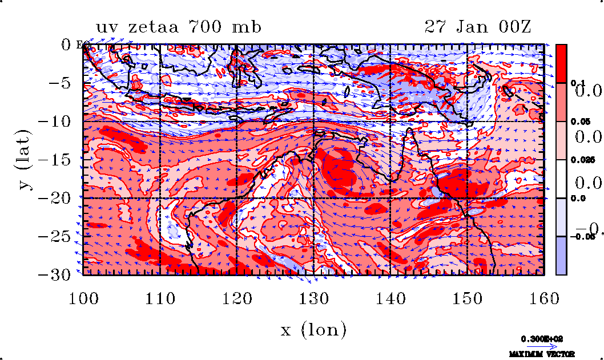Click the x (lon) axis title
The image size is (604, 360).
pyautogui.click(x=313, y=329)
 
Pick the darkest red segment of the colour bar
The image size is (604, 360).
pyautogui.click(x=562, y=63)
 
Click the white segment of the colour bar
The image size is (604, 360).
pyautogui.click(x=562, y=179)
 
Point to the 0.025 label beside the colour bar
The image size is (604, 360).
pyautogui.click(x=578, y=160)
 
